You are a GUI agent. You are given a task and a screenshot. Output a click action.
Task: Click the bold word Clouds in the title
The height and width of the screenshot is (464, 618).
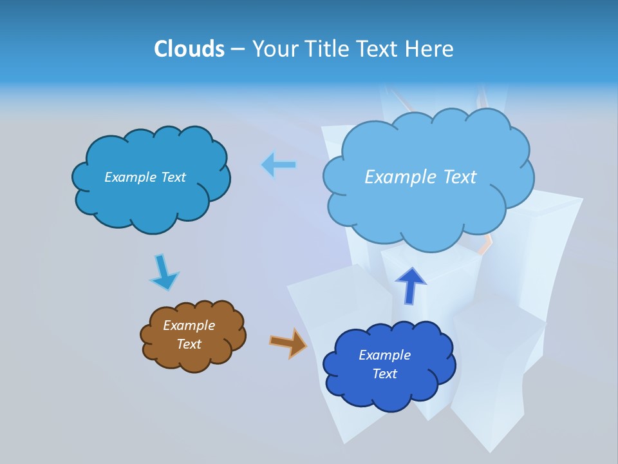[x=189, y=49]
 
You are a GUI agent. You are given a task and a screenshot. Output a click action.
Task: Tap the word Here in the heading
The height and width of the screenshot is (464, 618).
[x=429, y=49]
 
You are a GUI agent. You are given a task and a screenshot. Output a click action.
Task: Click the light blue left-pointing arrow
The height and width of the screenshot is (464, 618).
[x=279, y=165]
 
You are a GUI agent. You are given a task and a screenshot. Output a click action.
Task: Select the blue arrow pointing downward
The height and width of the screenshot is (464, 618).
[x=163, y=273]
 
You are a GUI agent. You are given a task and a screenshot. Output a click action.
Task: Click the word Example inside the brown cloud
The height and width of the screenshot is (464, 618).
[x=189, y=325]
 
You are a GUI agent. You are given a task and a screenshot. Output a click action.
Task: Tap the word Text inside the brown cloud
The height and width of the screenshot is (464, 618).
[x=189, y=344]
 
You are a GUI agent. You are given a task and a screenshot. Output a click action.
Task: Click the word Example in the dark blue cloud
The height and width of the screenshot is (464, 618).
[x=384, y=355]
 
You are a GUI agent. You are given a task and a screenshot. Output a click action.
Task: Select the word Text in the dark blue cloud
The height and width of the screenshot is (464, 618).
[x=384, y=374]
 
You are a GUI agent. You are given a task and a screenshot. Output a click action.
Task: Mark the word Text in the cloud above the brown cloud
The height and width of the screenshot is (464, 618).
[x=173, y=177]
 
